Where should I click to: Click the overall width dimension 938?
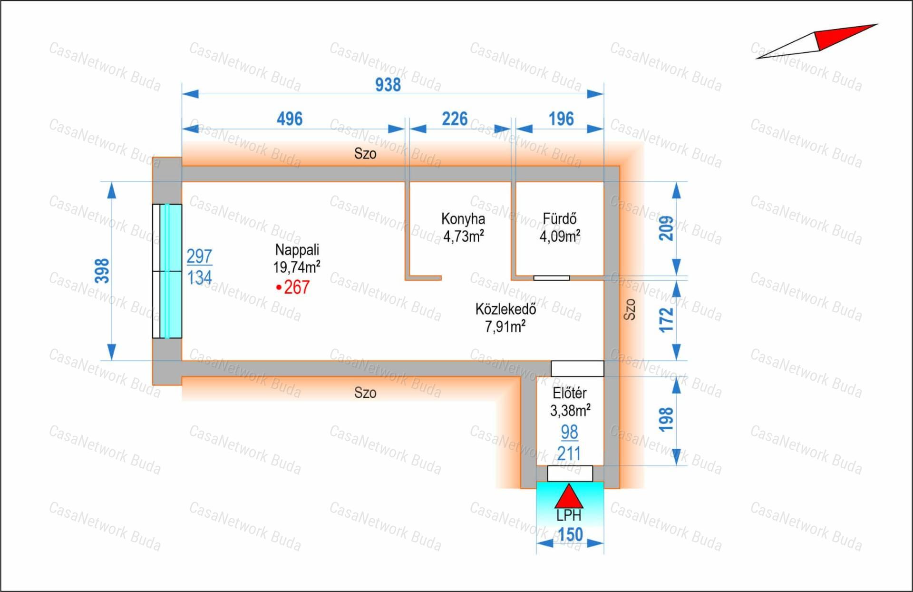pos(388,85)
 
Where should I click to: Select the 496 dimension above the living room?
pos(290,118)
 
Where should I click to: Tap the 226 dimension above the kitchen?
pos(455,118)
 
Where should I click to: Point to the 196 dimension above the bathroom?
pos(561,118)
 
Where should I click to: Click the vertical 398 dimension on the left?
pos(102,271)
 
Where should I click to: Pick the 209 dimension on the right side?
pos(666,228)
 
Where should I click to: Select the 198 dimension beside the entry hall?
pos(666,419)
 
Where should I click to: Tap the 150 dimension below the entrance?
pos(570,535)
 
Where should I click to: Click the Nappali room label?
pos(297,249)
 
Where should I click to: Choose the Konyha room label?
pos(463,218)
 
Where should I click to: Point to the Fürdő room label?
pos(560,218)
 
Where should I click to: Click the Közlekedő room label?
pos(505,309)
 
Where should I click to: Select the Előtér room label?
pos(570,393)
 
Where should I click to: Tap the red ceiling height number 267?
pos(297,287)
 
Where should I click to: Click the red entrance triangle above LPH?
pos(569,496)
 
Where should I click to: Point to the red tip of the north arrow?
pos(877,24)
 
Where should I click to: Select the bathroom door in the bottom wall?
pos(552,278)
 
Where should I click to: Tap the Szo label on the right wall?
pos(629,309)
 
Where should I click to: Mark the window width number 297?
pos(199,256)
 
